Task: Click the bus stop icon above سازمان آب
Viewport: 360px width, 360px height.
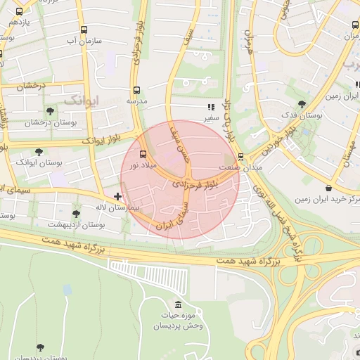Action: [x=84, y=30]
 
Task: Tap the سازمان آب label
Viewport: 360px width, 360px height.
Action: [x=84, y=41]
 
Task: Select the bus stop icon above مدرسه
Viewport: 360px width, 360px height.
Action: [x=136, y=90]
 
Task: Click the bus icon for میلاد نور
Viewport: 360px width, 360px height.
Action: [x=143, y=154]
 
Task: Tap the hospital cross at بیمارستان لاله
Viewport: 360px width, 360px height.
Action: [x=117, y=196]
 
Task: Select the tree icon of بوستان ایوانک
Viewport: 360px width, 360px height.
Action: [x=39, y=151]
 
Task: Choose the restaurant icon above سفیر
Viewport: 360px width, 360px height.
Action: [x=210, y=108]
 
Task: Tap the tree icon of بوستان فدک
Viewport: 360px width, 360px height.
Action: [x=302, y=103]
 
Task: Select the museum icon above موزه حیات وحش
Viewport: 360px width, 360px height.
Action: [x=176, y=304]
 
